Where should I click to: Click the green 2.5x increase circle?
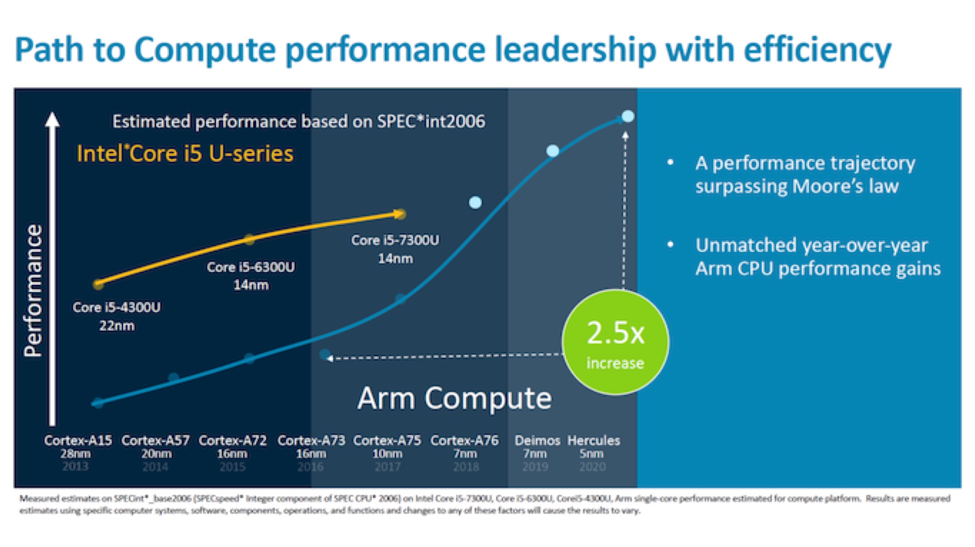coord(615,342)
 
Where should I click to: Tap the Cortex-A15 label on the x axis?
coord(78,440)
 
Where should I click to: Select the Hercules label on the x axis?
coord(594,440)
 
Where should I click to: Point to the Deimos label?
coord(537,440)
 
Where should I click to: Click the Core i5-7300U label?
coord(395,240)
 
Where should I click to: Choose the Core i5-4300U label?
coord(117,307)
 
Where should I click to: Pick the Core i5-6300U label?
coord(251,267)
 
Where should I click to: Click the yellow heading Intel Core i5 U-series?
coord(185,154)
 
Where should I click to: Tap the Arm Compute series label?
coord(455,398)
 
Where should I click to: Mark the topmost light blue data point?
coord(628,117)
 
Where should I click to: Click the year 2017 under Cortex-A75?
coord(387,466)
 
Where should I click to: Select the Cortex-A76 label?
coord(464,440)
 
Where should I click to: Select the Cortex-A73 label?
coord(311,440)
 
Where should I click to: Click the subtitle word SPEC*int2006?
coord(431,122)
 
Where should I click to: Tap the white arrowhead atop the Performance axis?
coord(52,120)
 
